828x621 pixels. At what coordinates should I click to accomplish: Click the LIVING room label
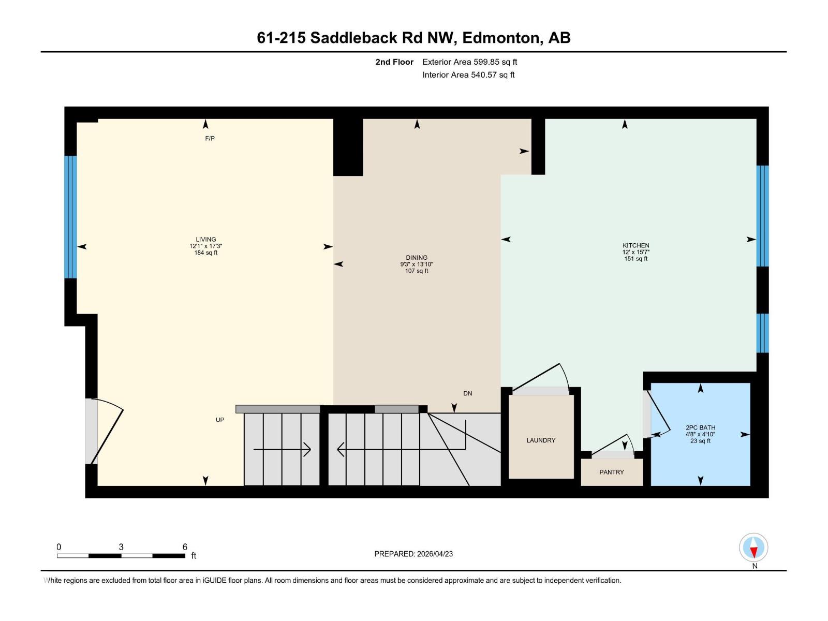(205, 240)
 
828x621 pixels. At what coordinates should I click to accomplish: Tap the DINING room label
(417, 257)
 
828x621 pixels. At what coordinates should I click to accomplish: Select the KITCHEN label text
(635, 245)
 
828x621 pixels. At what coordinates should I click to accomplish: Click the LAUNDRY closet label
(541, 440)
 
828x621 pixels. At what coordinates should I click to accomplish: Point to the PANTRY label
(611, 472)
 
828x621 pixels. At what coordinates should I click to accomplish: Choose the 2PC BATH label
(700, 427)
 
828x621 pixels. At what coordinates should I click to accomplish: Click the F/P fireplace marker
(210, 138)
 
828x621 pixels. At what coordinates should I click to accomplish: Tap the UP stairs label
(220, 420)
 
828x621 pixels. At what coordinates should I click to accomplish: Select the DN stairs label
(467, 393)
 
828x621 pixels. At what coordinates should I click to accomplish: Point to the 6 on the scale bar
(185, 547)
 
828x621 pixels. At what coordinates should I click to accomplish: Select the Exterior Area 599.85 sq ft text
(469, 62)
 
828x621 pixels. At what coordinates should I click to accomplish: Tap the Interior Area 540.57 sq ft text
(468, 75)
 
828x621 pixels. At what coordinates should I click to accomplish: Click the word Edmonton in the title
(500, 38)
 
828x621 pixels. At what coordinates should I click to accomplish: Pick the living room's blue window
(71, 217)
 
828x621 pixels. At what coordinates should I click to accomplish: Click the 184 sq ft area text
(205, 253)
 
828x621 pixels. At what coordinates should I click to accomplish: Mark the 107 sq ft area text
(417, 271)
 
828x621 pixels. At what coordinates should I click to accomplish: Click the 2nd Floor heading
(394, 62)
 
